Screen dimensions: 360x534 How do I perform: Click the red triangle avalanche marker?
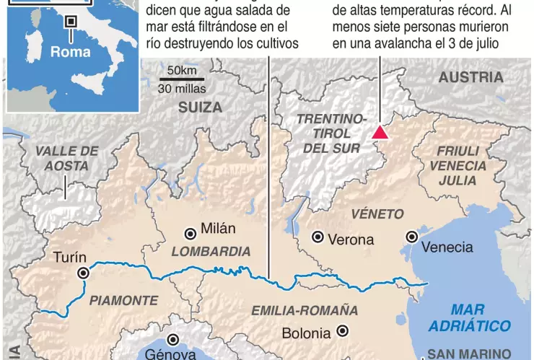tap(380, 131)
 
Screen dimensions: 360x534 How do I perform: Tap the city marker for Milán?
tap(190, 233)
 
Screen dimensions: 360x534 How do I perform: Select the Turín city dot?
tap(84, 273)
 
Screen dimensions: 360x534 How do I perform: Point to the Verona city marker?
tap(317, 237)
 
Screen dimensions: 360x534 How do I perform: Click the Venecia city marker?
tap(411, 237)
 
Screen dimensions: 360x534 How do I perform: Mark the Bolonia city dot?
tap(343, 331)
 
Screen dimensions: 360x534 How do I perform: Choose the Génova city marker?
tap(173, 340)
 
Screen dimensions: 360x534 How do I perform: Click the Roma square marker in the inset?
tap(70, 22)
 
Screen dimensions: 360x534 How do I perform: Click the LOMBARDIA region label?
tap(211, 252)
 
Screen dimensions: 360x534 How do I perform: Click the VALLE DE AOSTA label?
tap(66, 158)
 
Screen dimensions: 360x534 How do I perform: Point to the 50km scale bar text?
tap(181, 71)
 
